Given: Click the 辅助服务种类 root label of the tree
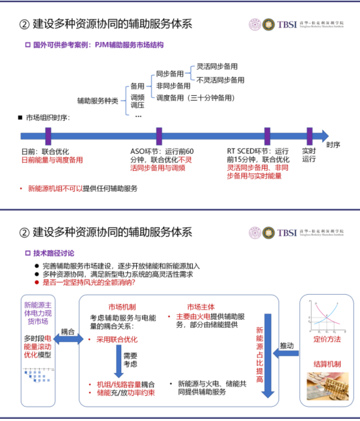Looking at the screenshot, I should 98,101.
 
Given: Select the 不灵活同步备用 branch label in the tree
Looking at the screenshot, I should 220,80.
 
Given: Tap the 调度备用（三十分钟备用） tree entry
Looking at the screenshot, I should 195,98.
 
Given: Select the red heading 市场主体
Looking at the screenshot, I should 201,307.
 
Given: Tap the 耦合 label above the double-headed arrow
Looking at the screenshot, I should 68,332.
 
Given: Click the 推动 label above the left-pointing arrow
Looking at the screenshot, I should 287,346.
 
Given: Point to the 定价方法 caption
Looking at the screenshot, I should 327,338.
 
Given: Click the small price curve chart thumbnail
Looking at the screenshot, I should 326,316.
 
